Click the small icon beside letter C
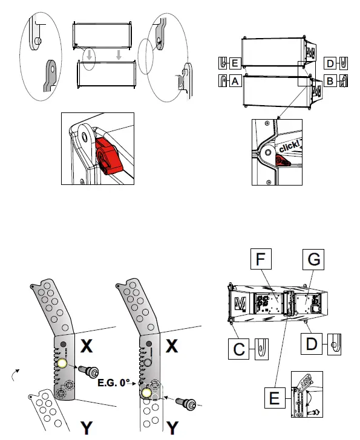click(x=261, y=348)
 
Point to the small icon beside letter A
click(x=223, y=80)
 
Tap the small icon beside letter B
click(x=342, y=80)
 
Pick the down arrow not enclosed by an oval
click(x=119, y=55)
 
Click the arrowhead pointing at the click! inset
click(x=277, y=119)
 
